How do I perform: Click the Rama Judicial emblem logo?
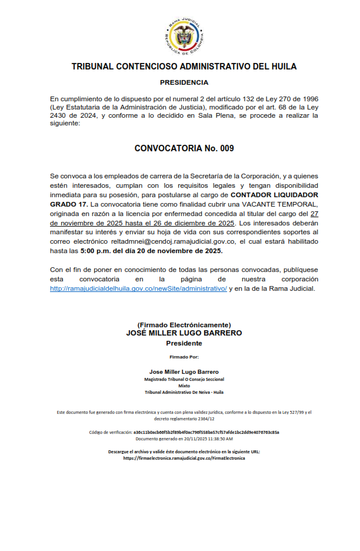[184, 35]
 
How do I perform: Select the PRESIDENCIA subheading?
[184, 82]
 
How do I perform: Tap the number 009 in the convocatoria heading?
[227, 148]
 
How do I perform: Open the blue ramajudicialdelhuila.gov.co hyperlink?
[138, 288]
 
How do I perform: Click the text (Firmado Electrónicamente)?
[184, 325]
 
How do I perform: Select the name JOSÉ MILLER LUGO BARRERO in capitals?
[184, 333]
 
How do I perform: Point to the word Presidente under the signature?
[184, 343]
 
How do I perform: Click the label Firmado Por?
[184, 357]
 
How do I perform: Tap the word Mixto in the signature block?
[184, 386]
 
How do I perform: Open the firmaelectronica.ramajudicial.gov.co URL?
[184, 458]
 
